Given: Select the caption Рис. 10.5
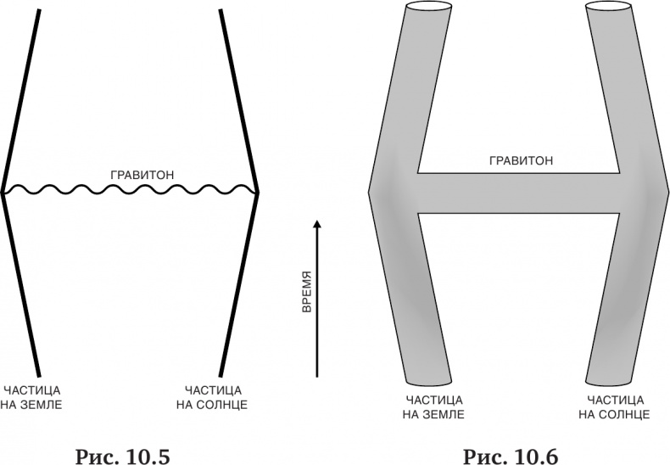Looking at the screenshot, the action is [x=123, y=456].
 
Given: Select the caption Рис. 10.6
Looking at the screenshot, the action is [x=511, y=456].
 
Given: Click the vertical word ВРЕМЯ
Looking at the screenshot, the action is [x=306, y=292].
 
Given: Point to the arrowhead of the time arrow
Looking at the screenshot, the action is [x=316, y=224].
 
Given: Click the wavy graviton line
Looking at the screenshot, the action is [x=130, y=189].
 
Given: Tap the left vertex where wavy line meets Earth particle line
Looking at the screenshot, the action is [x=3, y=193].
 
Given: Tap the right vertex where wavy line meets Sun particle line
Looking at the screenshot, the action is [x=257, y=193].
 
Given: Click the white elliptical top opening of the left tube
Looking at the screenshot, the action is [x=428, y=8].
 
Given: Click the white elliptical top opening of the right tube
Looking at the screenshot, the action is [x=608, y=8].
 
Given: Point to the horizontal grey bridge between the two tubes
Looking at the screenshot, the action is [x=518, y=193].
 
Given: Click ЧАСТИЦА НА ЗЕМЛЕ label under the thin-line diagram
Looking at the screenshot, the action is [x=31, y=397].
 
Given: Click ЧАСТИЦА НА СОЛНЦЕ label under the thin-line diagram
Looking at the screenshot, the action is [x=212, y=397].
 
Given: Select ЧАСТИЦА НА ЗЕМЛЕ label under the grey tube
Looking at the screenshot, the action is [x=433, y=407].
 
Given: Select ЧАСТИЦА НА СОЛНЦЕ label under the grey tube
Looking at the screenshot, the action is [x=614, y=407].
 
